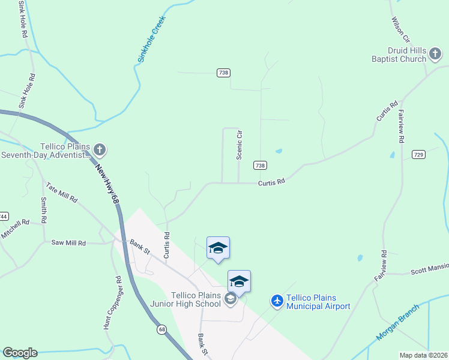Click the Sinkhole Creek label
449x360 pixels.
(150, 40)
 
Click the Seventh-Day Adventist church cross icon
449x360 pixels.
(100, 149)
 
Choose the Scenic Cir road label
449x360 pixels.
(239, 145)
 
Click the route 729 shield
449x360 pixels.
(419, 155)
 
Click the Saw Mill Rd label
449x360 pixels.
(68, 243)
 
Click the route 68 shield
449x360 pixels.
(162, 329)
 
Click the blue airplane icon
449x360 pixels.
(277, 299)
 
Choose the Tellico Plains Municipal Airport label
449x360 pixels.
(318, 302)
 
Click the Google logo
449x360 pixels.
(20, 353)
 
